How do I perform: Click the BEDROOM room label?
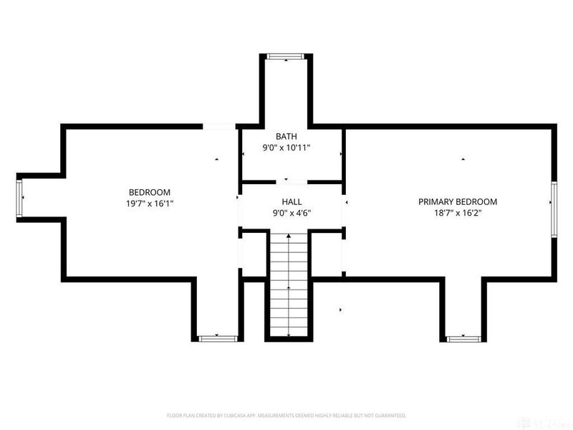pos(149,192)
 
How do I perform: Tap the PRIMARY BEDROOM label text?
pos(457,202)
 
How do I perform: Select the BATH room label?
pos(286,136)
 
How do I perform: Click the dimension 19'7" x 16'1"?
pos(149,204)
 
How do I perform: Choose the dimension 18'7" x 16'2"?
pos(457,213)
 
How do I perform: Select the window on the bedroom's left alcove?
pos(20,197)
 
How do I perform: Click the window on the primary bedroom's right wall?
pos(554,208)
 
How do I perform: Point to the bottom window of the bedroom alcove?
pos(216,337)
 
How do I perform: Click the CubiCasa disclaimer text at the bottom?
pos(286,415)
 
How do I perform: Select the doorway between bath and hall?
pos(286,180)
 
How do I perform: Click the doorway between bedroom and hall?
pos(239,197)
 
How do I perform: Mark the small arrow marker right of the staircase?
pos(340,310)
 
